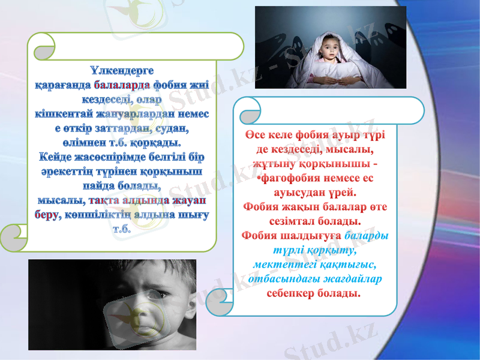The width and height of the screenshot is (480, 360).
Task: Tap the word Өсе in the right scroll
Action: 254,134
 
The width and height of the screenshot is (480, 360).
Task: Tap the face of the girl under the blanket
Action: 328,50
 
